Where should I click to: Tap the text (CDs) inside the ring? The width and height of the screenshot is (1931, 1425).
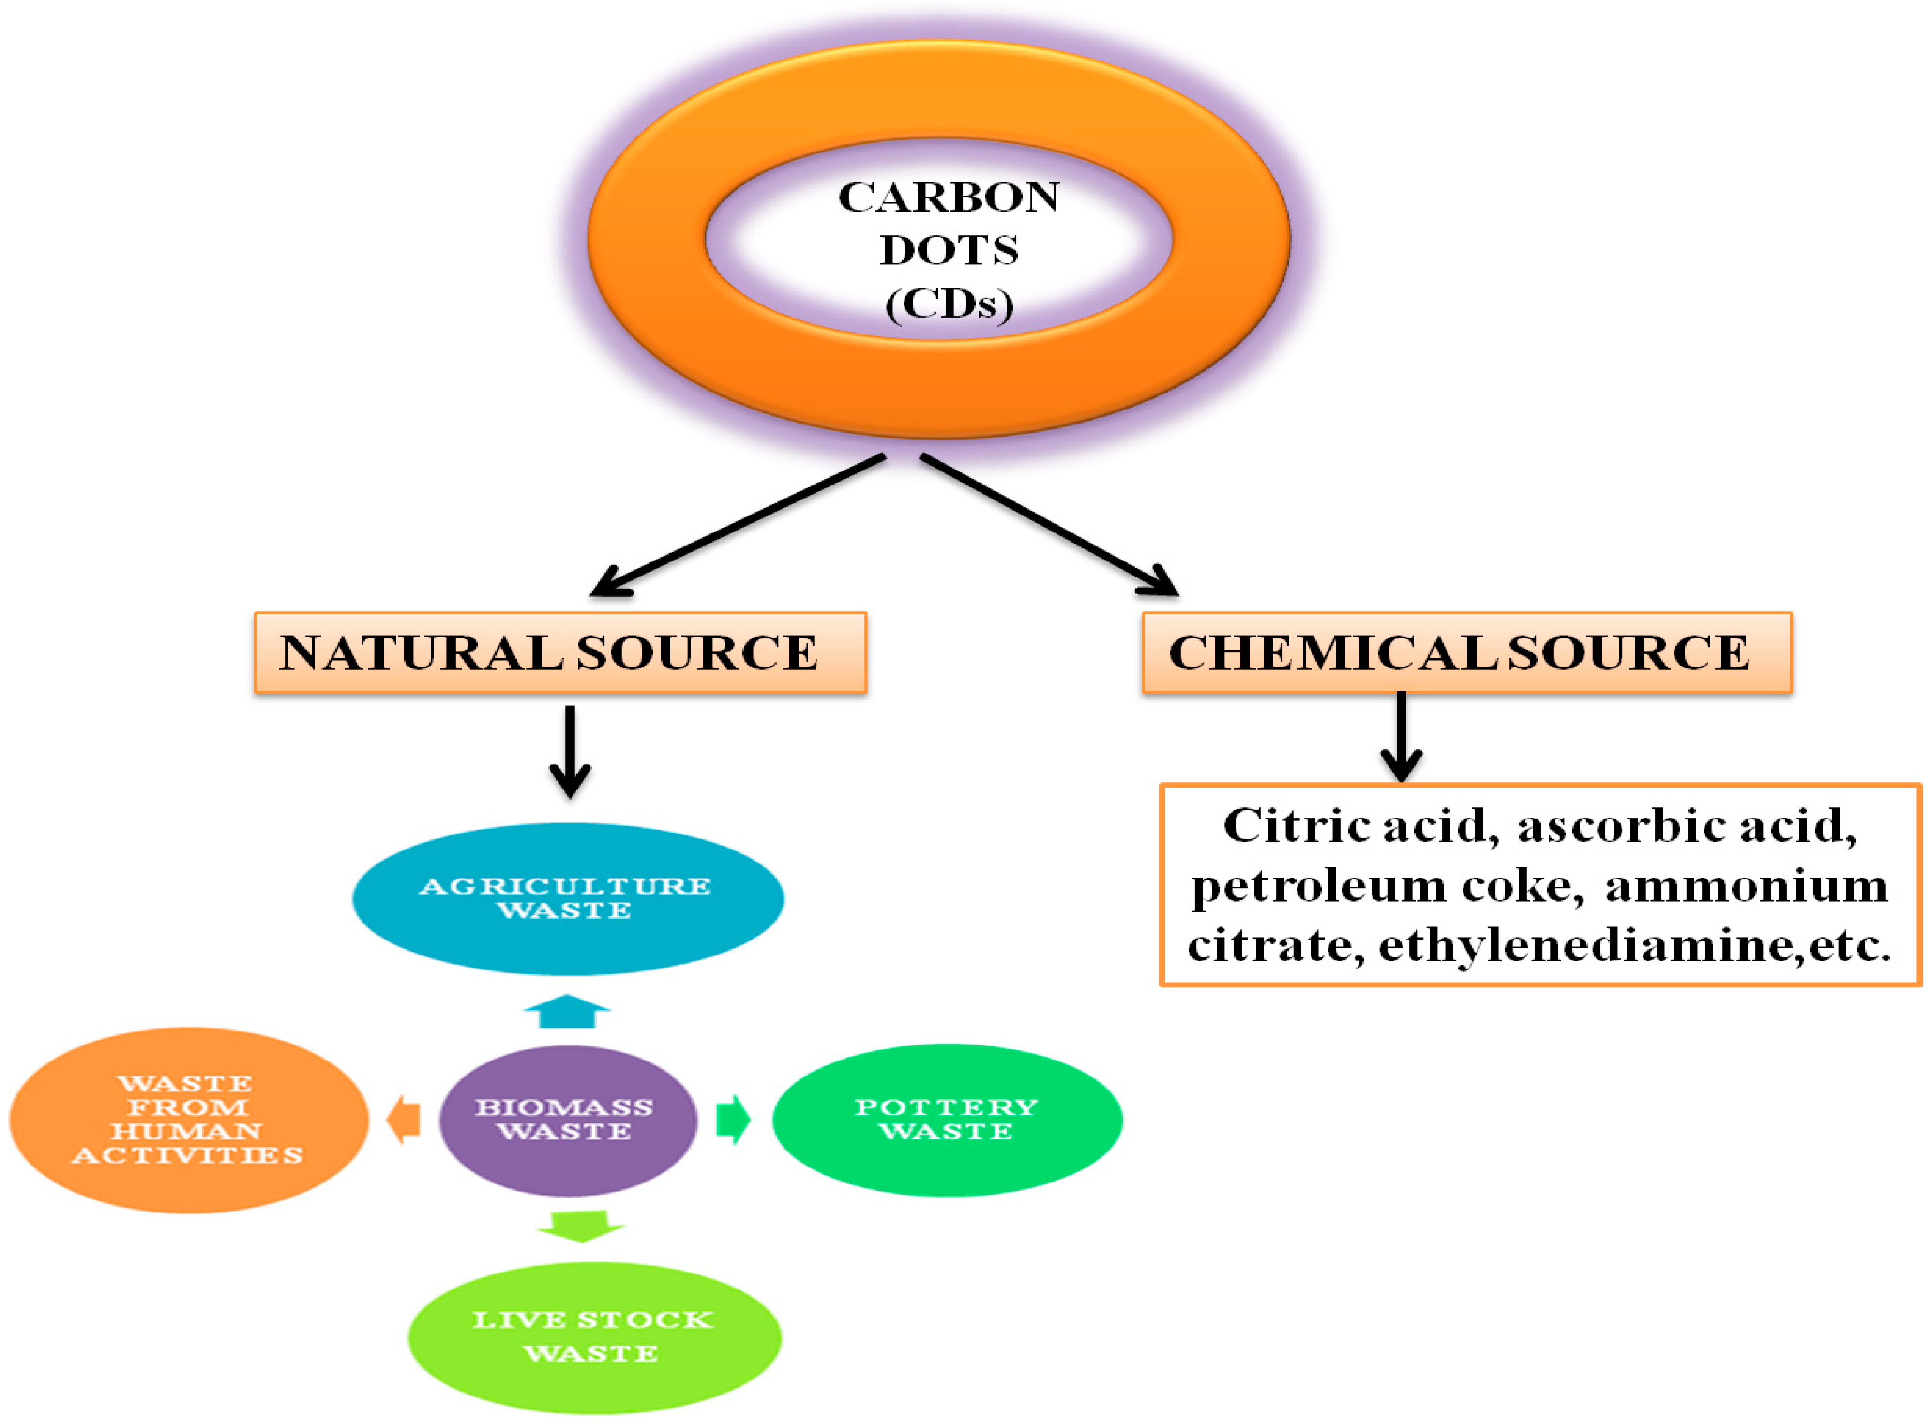[x=949, y=303]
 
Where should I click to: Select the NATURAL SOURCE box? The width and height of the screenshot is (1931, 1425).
[x=560, y=653]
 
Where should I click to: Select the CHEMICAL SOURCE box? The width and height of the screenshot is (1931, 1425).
[x=1466, y=653]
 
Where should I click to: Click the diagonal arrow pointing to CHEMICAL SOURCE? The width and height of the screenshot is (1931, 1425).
[x=1048, y=525]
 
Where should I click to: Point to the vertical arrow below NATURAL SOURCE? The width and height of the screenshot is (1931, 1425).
[x=570, y=750]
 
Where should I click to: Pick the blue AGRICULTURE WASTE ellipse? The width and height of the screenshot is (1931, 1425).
[x=568, y=899]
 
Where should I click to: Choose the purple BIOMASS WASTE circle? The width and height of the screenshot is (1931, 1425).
[x=568, y=1120]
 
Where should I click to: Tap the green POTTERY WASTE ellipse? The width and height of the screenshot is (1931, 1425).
[x=947, y=1120]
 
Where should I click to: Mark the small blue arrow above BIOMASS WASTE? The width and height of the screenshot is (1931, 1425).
[x=568, y=1012]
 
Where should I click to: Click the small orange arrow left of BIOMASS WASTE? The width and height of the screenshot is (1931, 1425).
[x=404, y=1120]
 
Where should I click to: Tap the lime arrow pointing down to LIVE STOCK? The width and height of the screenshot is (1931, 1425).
[x=580, y=1225]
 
